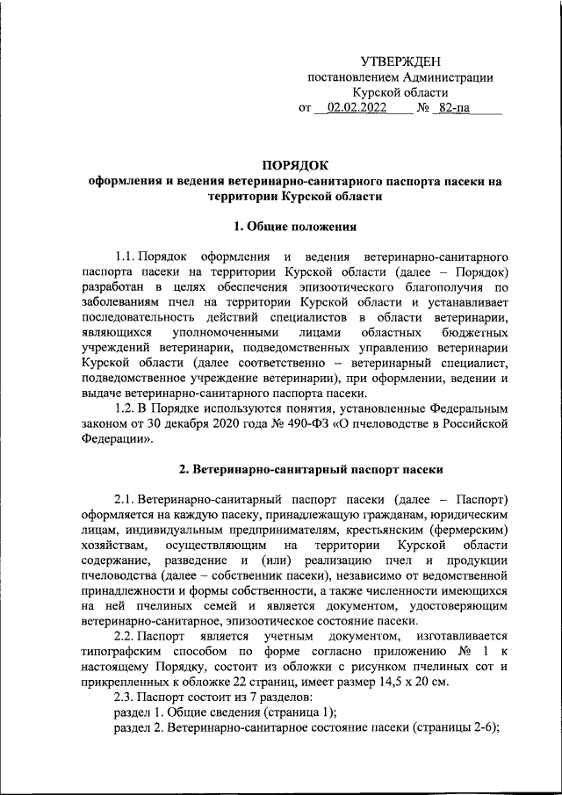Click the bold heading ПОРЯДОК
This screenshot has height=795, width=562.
pyautogui.click(x=294, y=164)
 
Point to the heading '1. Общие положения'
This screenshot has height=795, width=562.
pyautogui.click(x=294, y=227)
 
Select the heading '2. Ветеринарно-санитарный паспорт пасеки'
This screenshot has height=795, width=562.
pyautogui.click(x=294, y=469)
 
